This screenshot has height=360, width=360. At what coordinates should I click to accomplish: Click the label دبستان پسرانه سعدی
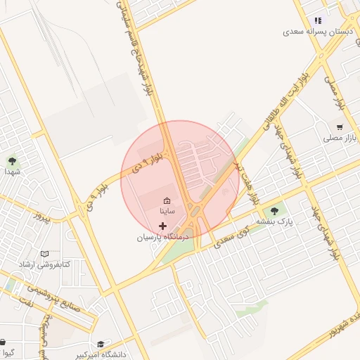(x=316, y=32)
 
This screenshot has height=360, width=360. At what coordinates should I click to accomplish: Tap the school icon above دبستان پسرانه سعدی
(x=318, y=21)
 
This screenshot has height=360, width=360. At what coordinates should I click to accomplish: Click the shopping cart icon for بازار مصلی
(x=340, y=127)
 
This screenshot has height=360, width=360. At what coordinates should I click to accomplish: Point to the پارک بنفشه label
(x=274, y=221)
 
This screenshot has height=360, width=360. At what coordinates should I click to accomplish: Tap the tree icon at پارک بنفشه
(x=274, y=210)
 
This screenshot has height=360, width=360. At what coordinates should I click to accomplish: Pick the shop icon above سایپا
(x=167, y=200)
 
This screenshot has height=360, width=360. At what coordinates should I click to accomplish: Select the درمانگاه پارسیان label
(x=164, y=238)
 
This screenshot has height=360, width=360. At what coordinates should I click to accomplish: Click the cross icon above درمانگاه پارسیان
(x=163, y=226)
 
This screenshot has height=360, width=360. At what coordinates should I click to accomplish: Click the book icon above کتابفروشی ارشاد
(x=45, y=254)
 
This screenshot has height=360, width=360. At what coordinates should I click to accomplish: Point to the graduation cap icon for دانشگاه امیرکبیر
(x=101, y=345)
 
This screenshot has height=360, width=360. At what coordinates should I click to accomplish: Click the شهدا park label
(x=12, y=171)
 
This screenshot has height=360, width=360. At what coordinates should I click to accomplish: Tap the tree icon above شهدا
(x=12, y=161)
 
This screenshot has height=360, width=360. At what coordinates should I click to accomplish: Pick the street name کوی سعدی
(x=231, y=236)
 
